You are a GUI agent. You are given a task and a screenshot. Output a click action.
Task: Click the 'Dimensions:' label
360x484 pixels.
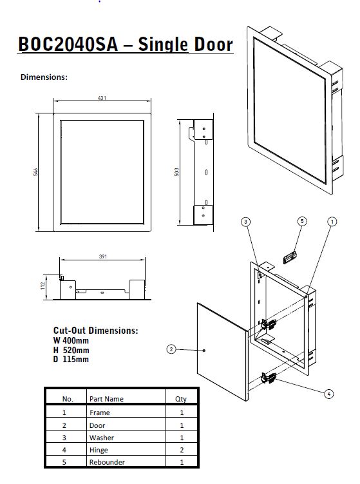click(44, 77)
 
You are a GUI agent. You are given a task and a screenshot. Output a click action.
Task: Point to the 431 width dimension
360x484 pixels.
click(102, 98)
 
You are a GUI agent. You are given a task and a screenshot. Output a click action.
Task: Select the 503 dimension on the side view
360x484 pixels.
click(176, 171)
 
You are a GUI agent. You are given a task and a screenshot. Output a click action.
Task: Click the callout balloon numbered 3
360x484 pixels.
click(245, 222)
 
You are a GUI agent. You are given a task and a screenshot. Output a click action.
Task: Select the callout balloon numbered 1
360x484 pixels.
click(332, 222)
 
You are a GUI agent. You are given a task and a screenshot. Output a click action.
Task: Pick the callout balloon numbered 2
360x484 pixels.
click(171, 349)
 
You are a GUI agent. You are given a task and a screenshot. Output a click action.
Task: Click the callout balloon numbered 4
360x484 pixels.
click(329, 392)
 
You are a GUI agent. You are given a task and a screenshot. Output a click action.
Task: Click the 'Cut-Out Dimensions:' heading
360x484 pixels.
click(95, 330)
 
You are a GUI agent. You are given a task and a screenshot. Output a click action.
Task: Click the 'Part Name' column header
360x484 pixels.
click(106, 399)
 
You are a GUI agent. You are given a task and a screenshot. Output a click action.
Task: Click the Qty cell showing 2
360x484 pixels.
click(182, 450)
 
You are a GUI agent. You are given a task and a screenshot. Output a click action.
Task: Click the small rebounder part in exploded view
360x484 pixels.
click(291, 255)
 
